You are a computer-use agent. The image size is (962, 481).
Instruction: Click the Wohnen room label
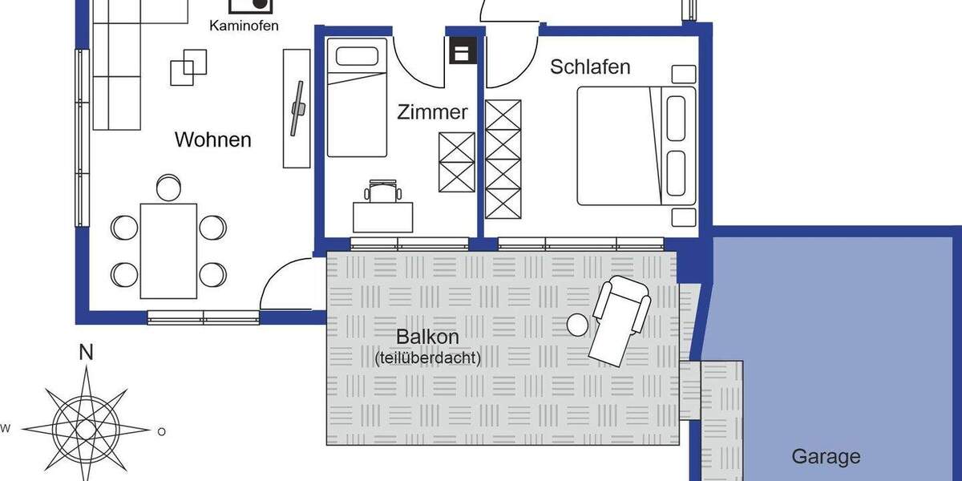click(212, 140)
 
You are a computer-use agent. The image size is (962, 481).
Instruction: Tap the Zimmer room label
click(432, 112)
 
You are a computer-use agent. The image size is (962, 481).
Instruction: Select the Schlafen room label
click(590, 67)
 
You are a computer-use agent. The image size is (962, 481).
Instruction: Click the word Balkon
click(427, 337)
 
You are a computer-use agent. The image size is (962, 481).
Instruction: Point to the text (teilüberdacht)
click(427, 358)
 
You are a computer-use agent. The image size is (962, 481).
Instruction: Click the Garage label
click(826, 457)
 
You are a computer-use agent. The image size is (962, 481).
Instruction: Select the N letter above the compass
click(86, 352)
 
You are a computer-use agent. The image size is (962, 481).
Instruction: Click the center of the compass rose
click(86, 430)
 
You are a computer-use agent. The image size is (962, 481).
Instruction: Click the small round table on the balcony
click(577, 325)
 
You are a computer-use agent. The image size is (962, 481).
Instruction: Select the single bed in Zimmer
click(357, 100)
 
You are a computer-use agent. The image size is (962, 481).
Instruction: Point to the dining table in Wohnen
click(168, 250)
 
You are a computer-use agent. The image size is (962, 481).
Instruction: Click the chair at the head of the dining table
click(168, 187)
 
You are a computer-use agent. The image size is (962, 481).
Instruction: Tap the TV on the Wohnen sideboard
click(297, 108)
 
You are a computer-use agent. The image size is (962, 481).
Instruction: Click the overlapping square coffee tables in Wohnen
click(188, 67)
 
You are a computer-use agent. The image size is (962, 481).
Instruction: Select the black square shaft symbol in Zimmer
click(461, 52)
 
